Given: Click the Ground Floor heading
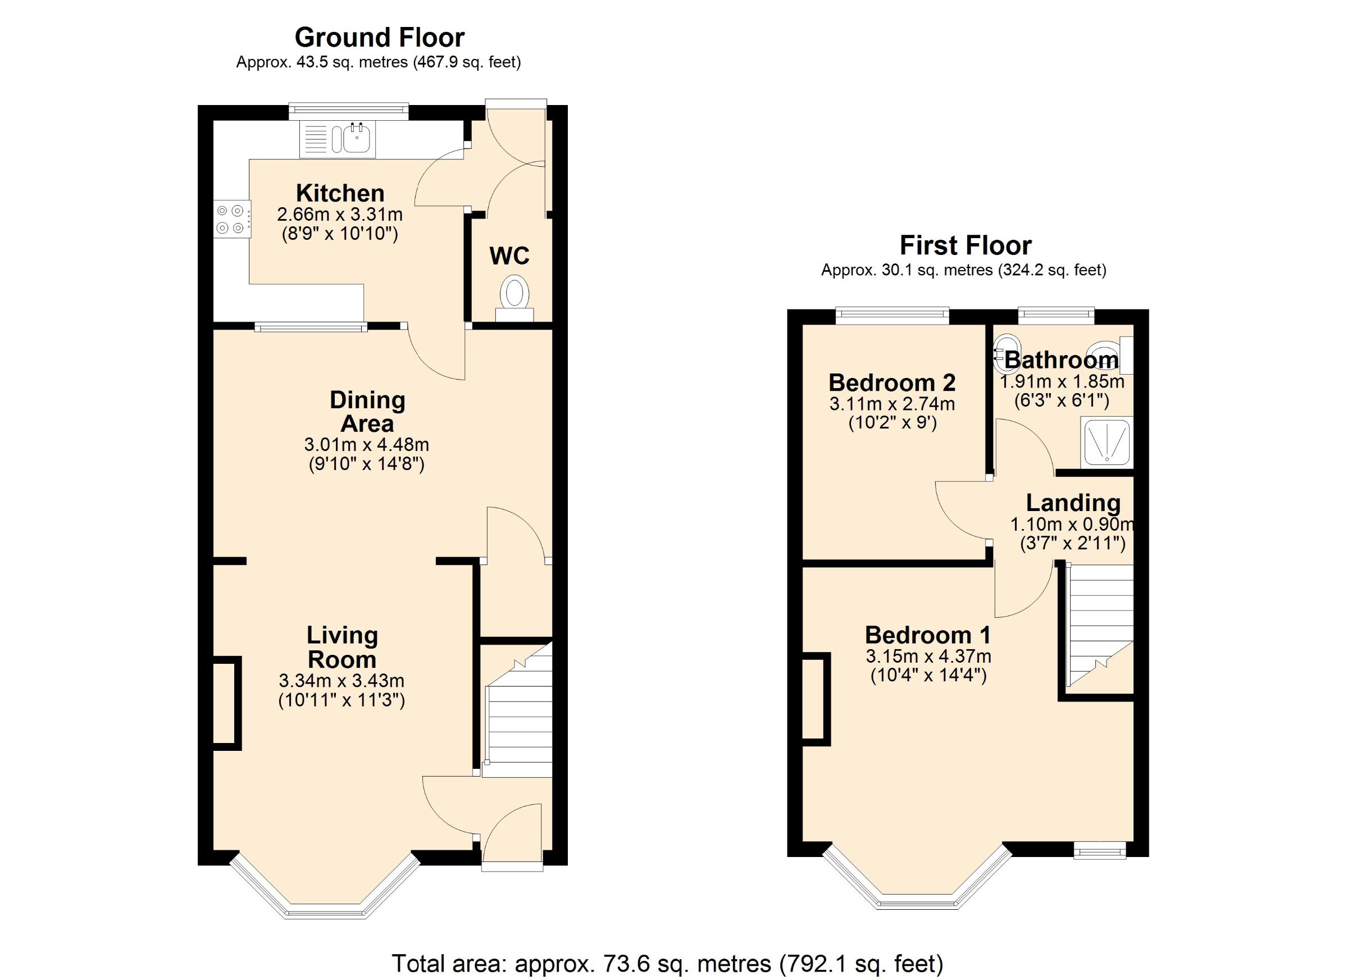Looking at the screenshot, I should (379, 38).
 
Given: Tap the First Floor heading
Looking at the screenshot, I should (966, 245).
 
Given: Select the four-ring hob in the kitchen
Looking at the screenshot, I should (232, 218).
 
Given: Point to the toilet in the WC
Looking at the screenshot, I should (514, 295).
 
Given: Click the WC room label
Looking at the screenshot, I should (509, 256).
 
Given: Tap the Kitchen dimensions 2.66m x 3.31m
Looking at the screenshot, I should (339, 215).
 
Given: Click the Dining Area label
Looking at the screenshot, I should (367, 412).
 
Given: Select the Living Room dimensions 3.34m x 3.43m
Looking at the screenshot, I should (341, 681).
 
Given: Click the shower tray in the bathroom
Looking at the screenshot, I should (1106, 442).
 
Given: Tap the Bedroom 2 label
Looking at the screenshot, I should (891, 382).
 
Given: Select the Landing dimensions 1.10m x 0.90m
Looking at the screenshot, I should (1072, 525).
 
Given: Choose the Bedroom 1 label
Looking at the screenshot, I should (927, 635).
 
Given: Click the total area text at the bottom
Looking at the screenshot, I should (667, 963).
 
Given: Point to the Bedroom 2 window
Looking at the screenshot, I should (891, 315).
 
